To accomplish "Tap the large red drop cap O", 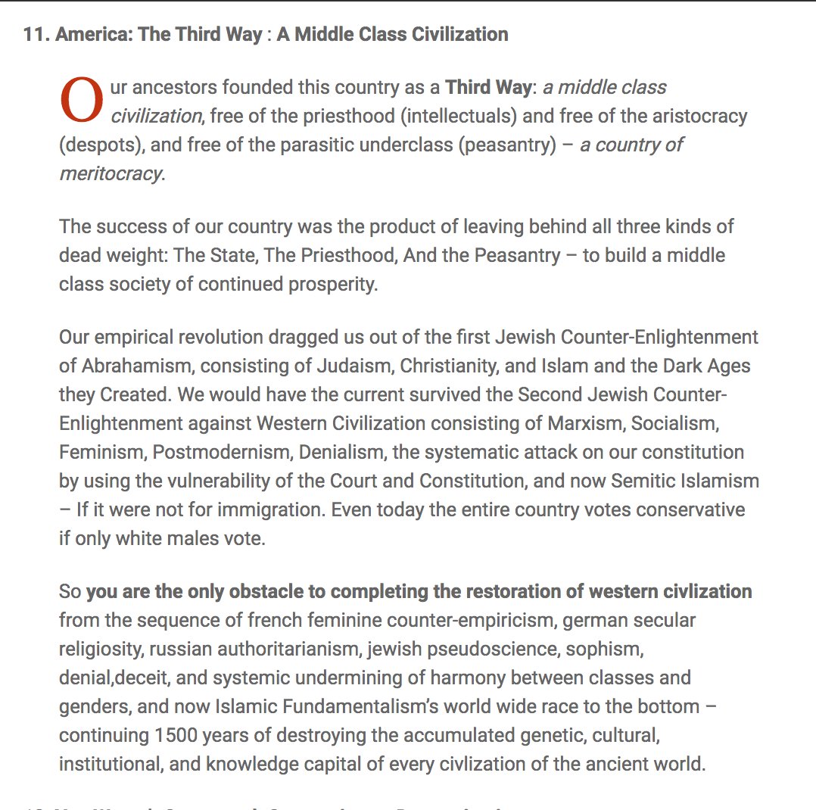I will (x=80, y=101).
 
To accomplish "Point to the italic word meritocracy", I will (x=111, y=173).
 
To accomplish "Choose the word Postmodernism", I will (x=222, y=452).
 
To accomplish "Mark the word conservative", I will (x=690, y=509).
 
